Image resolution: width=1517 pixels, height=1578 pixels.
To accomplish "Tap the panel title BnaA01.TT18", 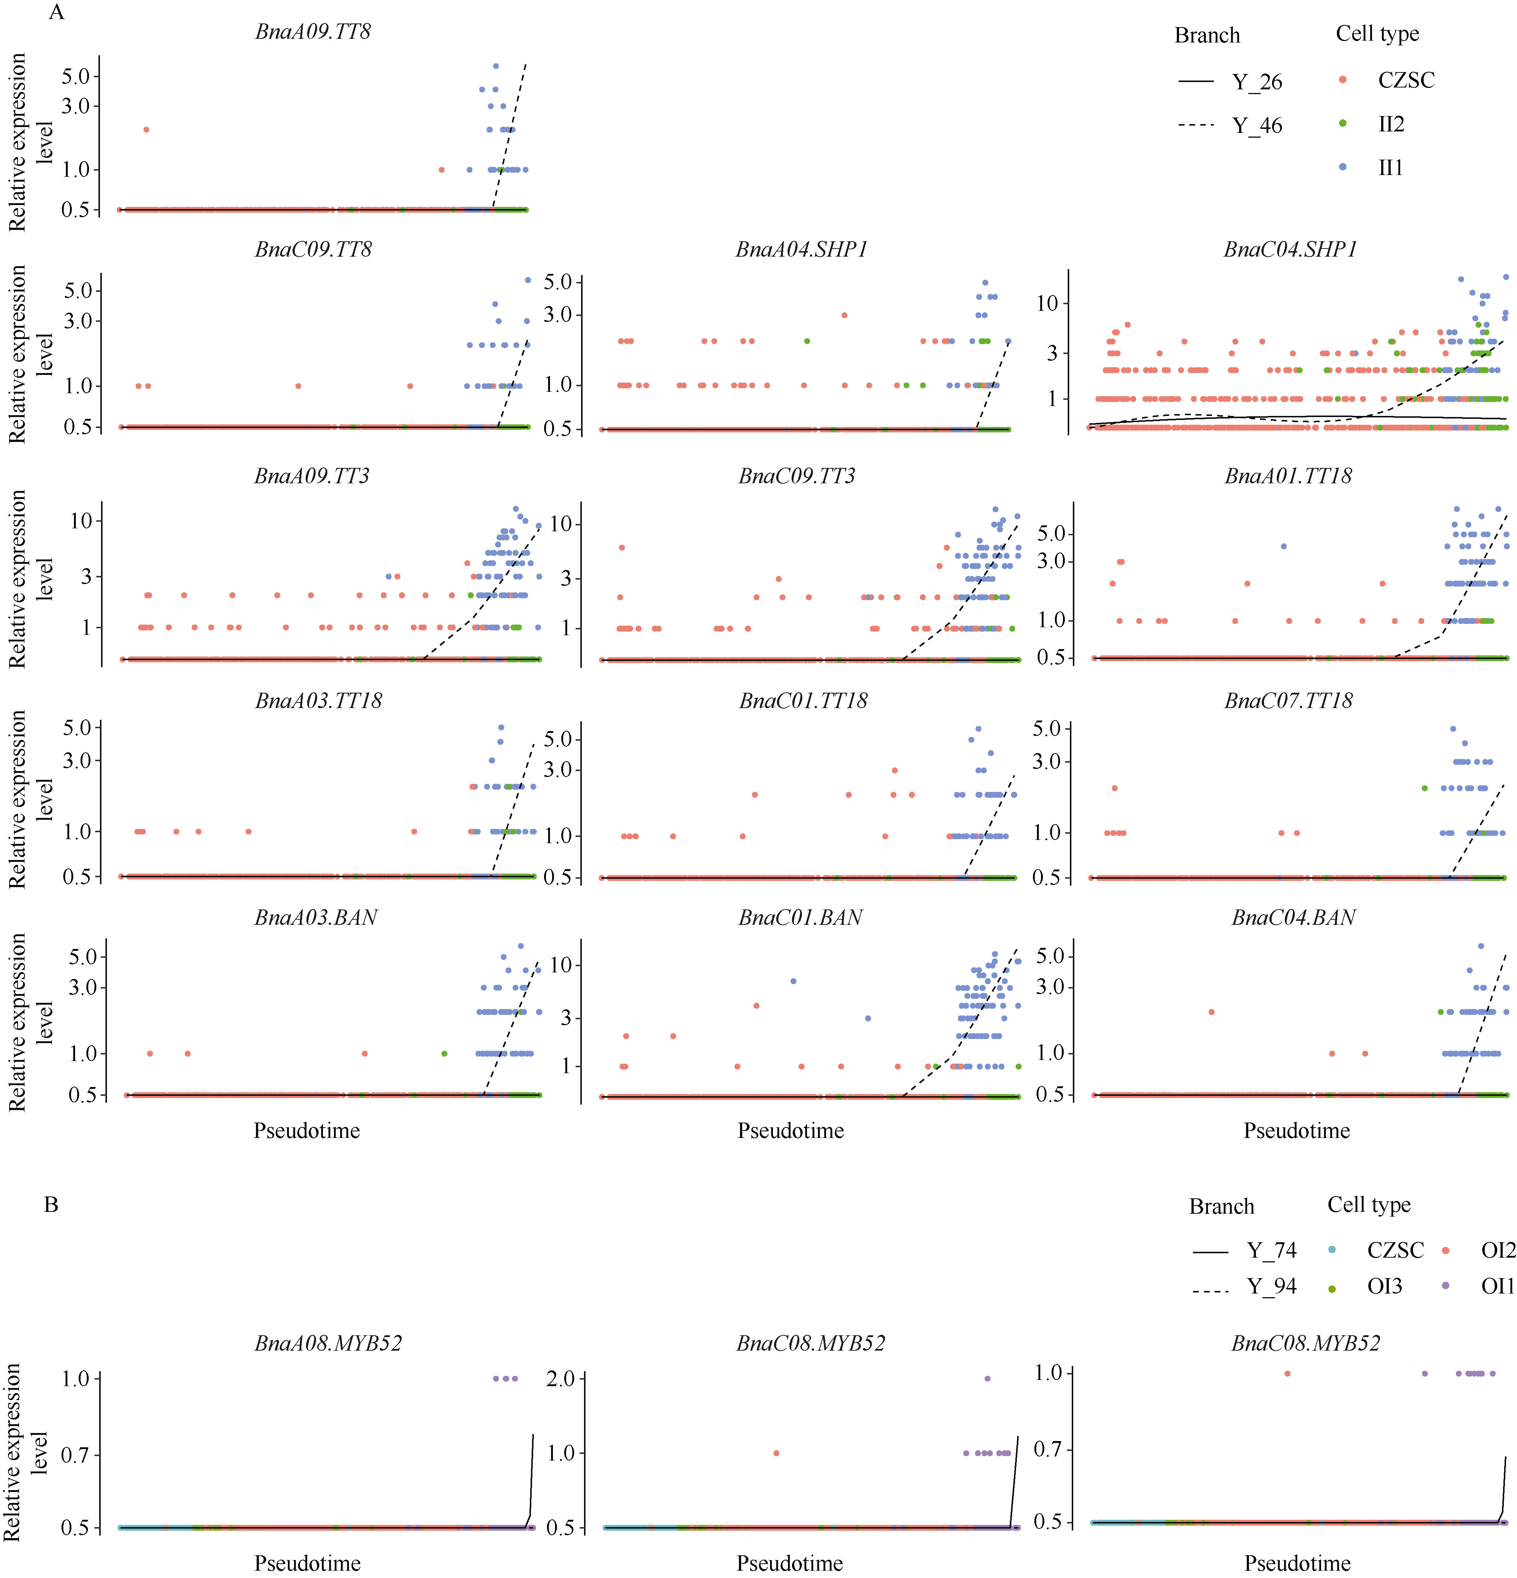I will point(1288,476).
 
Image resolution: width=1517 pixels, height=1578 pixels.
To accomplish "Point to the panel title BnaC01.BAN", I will point(800,918).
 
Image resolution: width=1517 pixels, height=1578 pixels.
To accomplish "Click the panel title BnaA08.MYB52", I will point(328,1343).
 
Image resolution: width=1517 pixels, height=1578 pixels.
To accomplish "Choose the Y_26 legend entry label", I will point(1257,81).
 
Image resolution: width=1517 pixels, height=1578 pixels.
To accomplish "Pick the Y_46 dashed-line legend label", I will point(1257,126).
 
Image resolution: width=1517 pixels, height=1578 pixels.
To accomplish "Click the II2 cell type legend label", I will point(1391,124).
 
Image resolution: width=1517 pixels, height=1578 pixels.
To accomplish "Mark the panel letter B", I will point(51,1205).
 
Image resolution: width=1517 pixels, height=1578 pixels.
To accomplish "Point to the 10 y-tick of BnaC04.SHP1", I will point(1047,304).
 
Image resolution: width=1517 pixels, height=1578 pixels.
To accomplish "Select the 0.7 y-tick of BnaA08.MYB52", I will point(75,1455).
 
